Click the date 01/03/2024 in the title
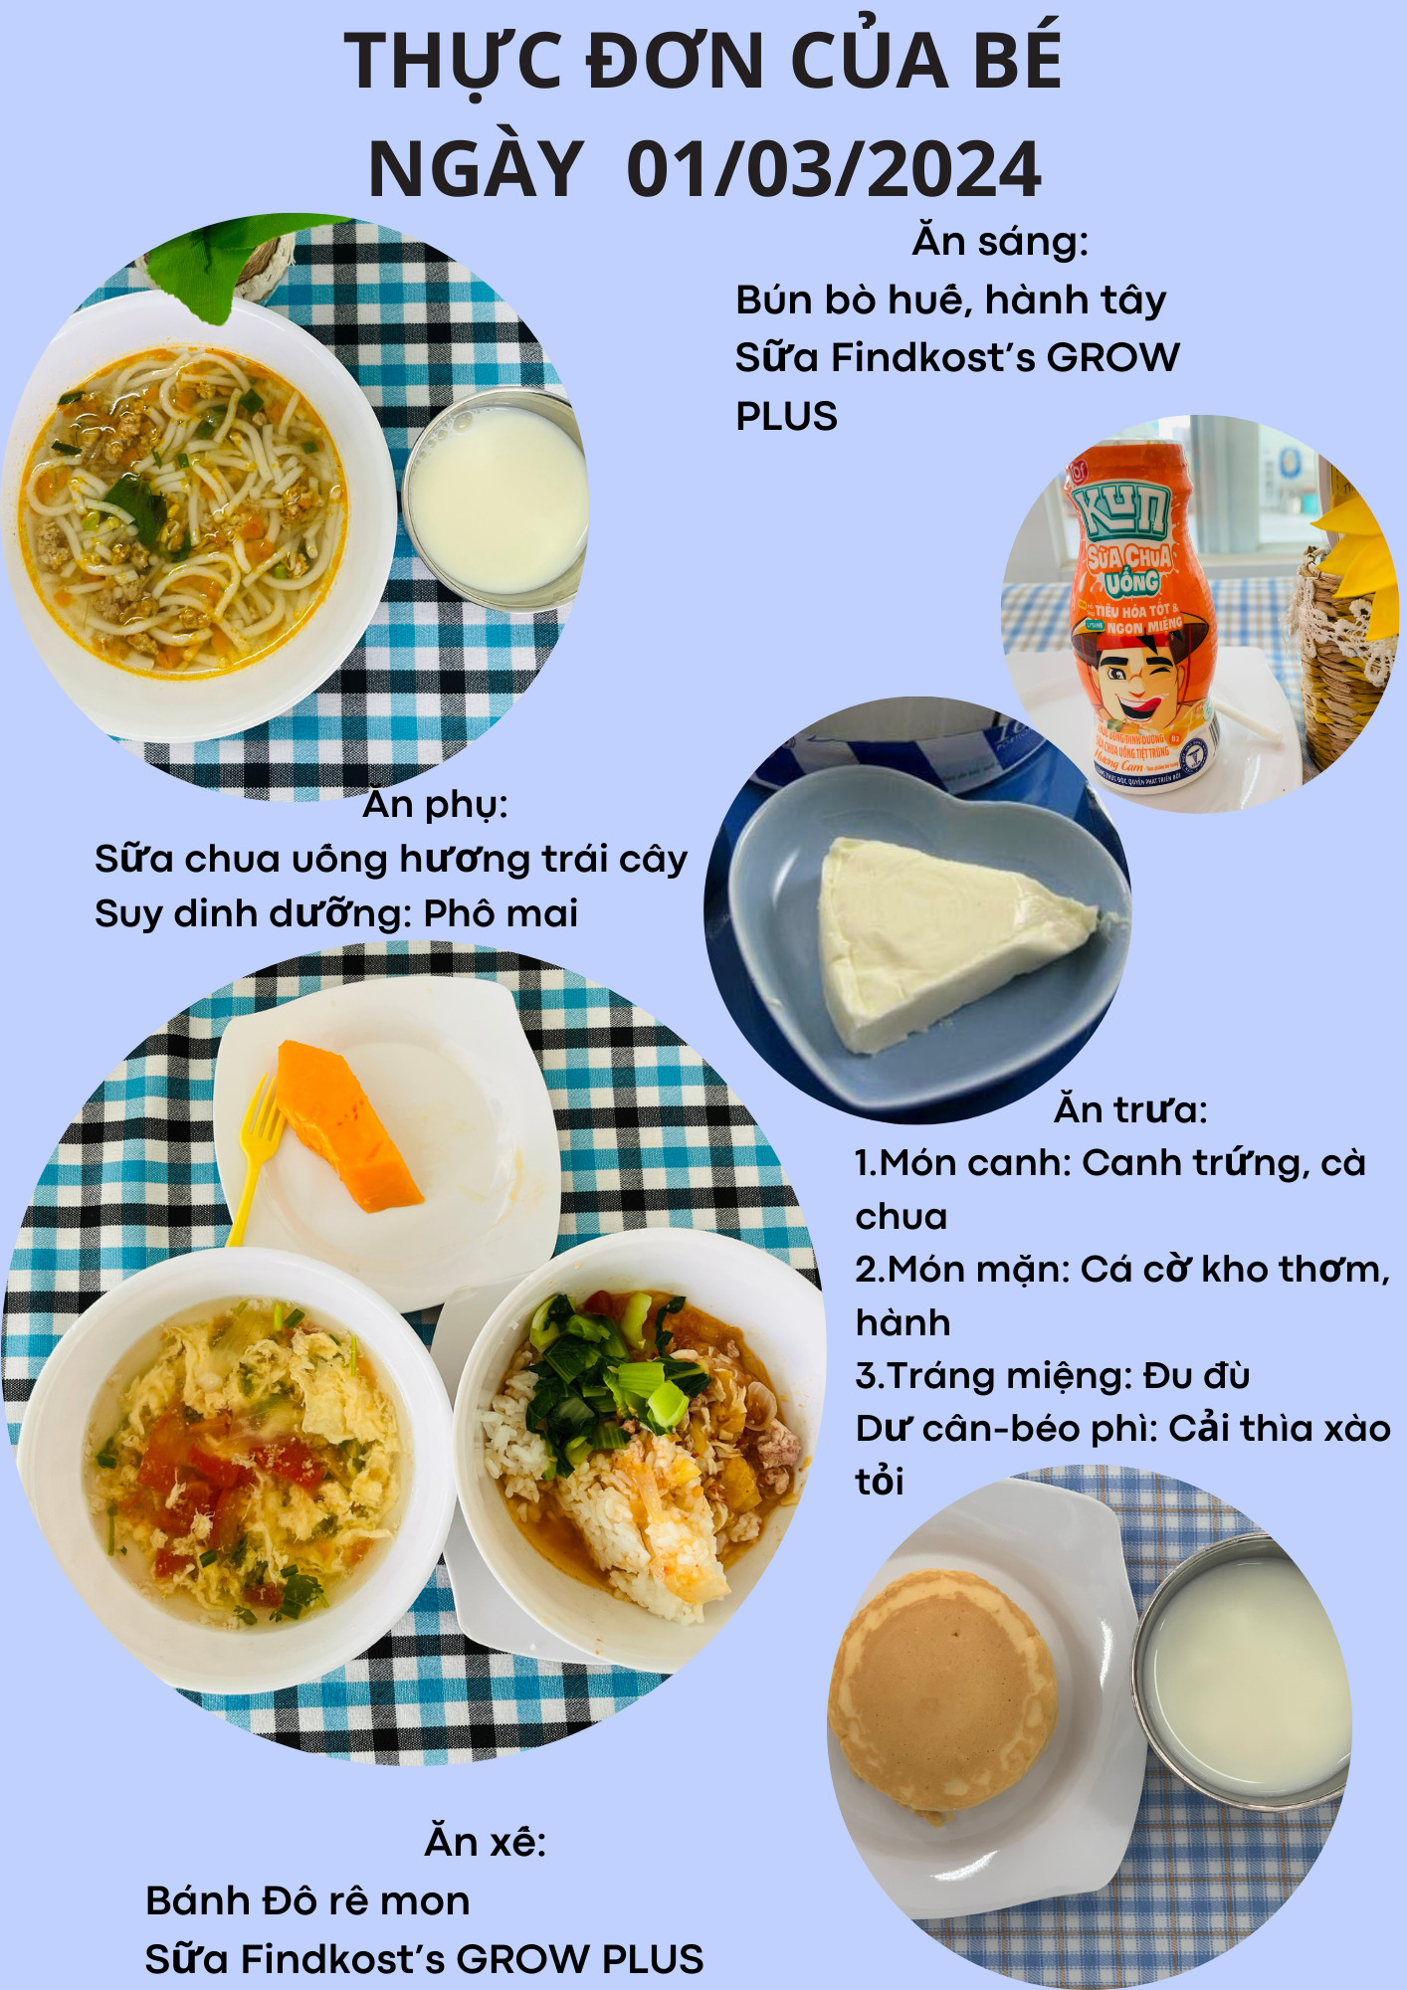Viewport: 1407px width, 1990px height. point(834,169)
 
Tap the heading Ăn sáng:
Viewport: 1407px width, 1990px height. point(1000,241)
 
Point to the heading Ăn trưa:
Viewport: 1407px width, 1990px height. point(1130,1109)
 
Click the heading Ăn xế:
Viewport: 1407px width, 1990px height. point(486,1842)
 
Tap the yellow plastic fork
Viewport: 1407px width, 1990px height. point(253,1159)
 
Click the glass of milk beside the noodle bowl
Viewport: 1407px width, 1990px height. point(495,497)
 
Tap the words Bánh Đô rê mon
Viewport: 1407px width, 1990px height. point(307,1900)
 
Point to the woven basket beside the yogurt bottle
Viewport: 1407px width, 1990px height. point(1343,667)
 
